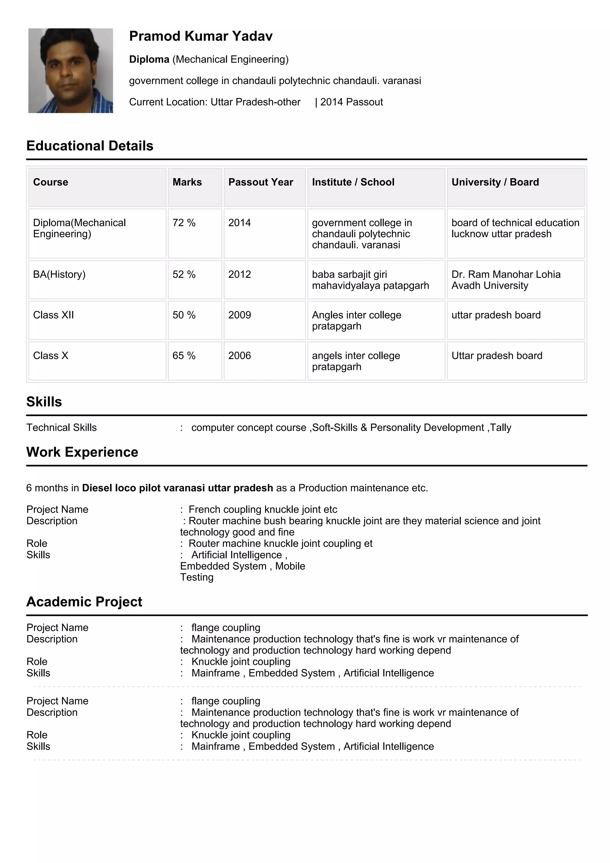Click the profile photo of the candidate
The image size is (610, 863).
coord(71,70)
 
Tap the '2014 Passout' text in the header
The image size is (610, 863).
coord(351,102)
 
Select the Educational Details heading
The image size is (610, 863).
coord(90,145)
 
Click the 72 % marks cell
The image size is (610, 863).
coord(184,223)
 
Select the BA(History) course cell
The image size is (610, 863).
coord(59,274)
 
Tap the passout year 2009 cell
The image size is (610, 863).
coord(240,315)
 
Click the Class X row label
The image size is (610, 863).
coord(51,356)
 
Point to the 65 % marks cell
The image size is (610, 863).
coord(184,356)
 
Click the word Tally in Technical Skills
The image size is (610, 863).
coord(500,427)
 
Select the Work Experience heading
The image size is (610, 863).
coord(82,452)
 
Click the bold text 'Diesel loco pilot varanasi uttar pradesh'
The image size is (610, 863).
coord(177,488)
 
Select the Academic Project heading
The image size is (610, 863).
coord(84,601)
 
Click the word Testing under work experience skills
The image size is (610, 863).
coord(197,577)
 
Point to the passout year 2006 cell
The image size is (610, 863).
coord(240,356)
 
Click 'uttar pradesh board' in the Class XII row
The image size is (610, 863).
coord(496,315)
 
